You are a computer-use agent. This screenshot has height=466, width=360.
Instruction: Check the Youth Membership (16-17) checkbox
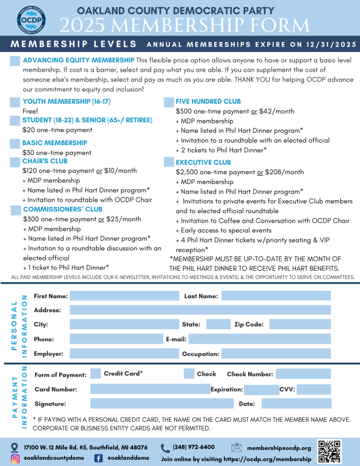tap(15, 102)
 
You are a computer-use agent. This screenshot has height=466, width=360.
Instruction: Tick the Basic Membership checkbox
tap(15, 144)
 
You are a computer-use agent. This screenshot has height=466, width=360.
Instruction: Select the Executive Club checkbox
tap(169, 163)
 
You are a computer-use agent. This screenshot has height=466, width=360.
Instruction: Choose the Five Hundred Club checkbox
tap(169, 102)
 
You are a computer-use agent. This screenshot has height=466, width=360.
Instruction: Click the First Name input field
tap(124, 296)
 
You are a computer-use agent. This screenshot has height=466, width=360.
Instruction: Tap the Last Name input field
tap(276, 296)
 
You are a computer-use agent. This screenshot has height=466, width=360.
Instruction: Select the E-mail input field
tap(259, 339)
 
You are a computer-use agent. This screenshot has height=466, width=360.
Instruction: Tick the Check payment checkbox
tap(189, 374)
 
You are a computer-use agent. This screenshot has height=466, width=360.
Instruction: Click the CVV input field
tap(314, 389)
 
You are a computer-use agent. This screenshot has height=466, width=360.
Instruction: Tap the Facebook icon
tap(98, 458)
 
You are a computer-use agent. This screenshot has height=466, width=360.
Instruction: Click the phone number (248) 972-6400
tap(193, 447)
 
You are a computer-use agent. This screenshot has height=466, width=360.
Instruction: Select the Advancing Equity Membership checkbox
tap(15, 61)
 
